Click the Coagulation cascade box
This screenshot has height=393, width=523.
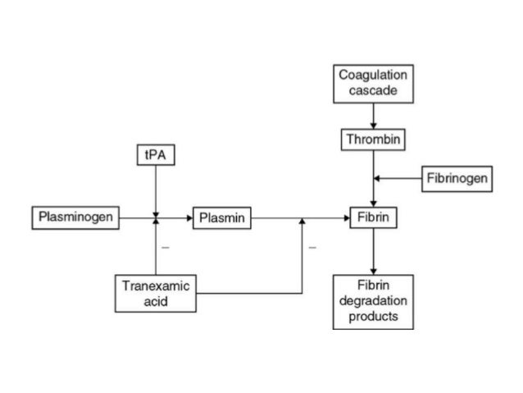(x=373, y=83)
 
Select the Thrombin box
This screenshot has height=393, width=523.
(x=373, y=139)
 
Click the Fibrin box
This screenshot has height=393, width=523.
(x=373, y=218)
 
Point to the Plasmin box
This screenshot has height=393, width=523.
(x=222, y=218)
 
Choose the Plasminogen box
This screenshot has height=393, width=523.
(x=75, y=218)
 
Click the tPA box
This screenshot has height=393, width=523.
(x=154, y=154)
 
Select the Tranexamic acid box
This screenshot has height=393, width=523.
(x=156, y=294)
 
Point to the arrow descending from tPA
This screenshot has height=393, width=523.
(x=154, y=189)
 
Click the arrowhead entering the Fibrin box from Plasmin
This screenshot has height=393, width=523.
(x=345, y=218)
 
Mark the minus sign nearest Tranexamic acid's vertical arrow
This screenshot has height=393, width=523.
(x=165, y=246)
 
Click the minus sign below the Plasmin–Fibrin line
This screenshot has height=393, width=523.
(x=312, y=246)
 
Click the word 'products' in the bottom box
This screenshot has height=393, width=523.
(x=373, y=316)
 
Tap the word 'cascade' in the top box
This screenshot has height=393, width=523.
(x=373, y=90)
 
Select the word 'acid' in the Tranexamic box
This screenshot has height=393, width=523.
(x=156, y=301)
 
